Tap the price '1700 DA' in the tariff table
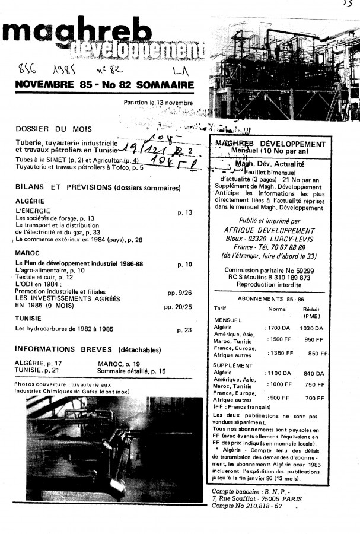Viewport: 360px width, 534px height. click(x=279, y=328)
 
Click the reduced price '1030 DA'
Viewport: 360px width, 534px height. click(x=311, y=328)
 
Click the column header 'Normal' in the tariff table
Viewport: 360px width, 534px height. click(x=278, y=309)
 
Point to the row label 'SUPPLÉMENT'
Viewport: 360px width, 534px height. click(x=232, y=365)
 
